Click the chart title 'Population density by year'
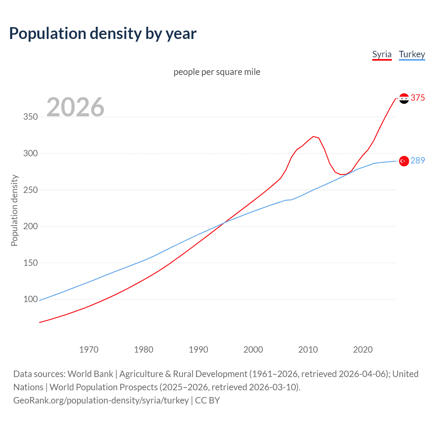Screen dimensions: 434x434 coord(103,34)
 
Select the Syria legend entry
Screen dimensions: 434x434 coord(382,54)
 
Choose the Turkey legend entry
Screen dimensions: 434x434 coord(412,54)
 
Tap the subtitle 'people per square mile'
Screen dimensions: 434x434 coord(217,72)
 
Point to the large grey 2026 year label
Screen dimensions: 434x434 coord(75,107)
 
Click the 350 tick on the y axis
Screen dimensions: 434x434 coord(31,117)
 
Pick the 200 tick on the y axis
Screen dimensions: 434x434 coord(31,226)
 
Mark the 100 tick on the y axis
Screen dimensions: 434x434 coord(31,299)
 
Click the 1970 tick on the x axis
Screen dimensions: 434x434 coord(89,350)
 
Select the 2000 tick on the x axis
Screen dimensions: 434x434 coord(253,350)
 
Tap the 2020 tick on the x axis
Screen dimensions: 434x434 coord(363,350)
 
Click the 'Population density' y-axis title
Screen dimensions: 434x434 coord(14,210)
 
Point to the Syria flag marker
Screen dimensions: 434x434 coord(404,98)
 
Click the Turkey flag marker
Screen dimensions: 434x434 coord(404,161)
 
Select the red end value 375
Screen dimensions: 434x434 coord(418,98)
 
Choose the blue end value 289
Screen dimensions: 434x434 coord(418,160)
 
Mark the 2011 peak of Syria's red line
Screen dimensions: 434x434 coord(313,136)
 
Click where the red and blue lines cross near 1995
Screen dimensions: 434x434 coord(223,223)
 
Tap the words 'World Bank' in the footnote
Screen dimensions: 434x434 coord(90,374)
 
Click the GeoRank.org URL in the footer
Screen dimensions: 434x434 coord(101,400)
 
